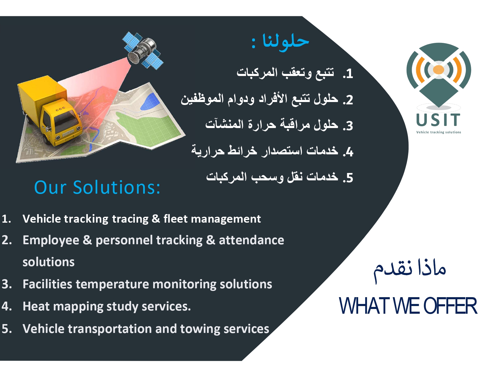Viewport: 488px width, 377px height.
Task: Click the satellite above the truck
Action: tap(143, 51)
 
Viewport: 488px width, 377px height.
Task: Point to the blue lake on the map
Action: tap(150, 101)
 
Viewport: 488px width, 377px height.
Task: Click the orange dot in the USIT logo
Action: tap(438, 69)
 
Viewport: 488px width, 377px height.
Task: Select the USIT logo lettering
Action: tap(438, 120)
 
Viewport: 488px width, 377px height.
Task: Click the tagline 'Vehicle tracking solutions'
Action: tap(439, 132)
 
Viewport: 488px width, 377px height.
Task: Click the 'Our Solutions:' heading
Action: tap(97, 187)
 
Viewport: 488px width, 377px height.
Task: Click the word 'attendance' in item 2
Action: tap(251, 240)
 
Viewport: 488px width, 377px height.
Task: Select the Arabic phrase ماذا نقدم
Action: tap(409, 270)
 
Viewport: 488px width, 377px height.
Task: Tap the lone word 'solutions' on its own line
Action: tap(49, 262)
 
